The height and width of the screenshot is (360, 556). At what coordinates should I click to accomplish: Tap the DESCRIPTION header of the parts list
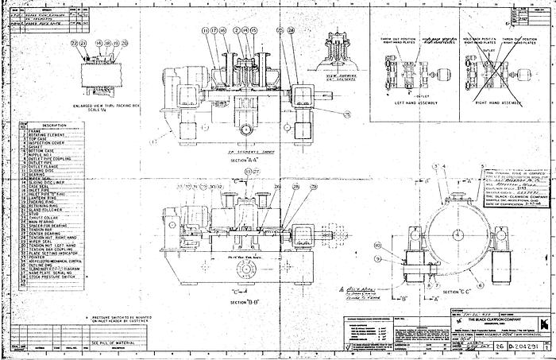pyautogui.click(x=54, y=126)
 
